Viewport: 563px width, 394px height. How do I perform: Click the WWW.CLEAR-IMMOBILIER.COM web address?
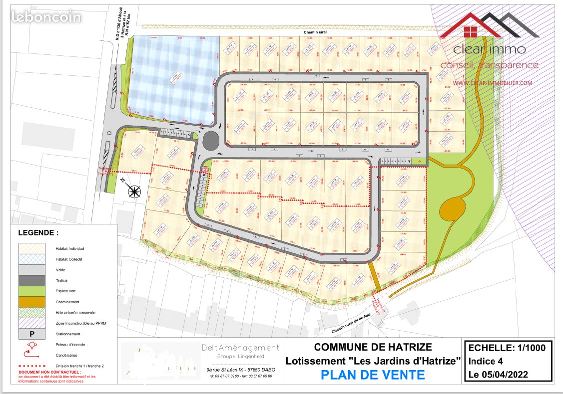[x=492, y=83]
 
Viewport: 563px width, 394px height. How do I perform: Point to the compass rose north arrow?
[x=134, y=190]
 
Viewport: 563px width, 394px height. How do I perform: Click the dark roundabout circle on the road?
[x=212, y=140]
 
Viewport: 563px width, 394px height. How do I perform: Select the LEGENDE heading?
[x=38, y=232]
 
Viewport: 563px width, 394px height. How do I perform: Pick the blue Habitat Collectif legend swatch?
[x=31, y=259]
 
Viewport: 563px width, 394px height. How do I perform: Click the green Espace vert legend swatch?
[x=31, y=291]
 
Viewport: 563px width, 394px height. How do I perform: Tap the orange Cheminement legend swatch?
[x=31, y=302]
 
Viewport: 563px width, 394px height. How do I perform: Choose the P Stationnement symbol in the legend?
[x=31, y=334]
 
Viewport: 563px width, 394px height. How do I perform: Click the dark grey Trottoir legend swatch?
[x=31, y=280]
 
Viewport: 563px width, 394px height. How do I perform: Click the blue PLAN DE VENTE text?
[x=373, y=375]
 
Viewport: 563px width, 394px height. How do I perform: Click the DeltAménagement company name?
[x=240, y=348]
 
